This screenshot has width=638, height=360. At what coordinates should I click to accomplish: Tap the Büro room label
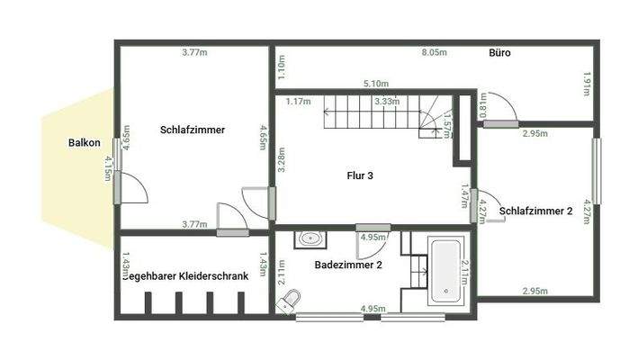click(x=499, y=53)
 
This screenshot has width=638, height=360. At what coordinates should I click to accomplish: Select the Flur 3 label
click(x=360, y=175)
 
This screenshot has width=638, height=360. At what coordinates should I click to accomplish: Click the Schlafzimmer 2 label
click(x=535, y=211)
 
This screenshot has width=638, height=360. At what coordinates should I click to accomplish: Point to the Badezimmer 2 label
click(x=348, y=265)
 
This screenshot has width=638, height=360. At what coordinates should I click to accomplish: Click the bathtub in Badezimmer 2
click(x=445, y=270)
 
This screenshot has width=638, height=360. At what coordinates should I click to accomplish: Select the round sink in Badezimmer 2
click(x=310, y=238)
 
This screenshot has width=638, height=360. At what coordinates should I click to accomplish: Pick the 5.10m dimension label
click(x=375, y=84)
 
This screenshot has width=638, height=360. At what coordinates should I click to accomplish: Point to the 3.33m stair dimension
click(x=386, y=102)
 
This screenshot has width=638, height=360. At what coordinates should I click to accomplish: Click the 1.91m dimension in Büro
click(x=587, y=85)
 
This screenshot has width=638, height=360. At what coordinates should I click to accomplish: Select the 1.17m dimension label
click(x=298, y=102)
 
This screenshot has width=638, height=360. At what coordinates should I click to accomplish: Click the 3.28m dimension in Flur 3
click(x=281, y=158)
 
